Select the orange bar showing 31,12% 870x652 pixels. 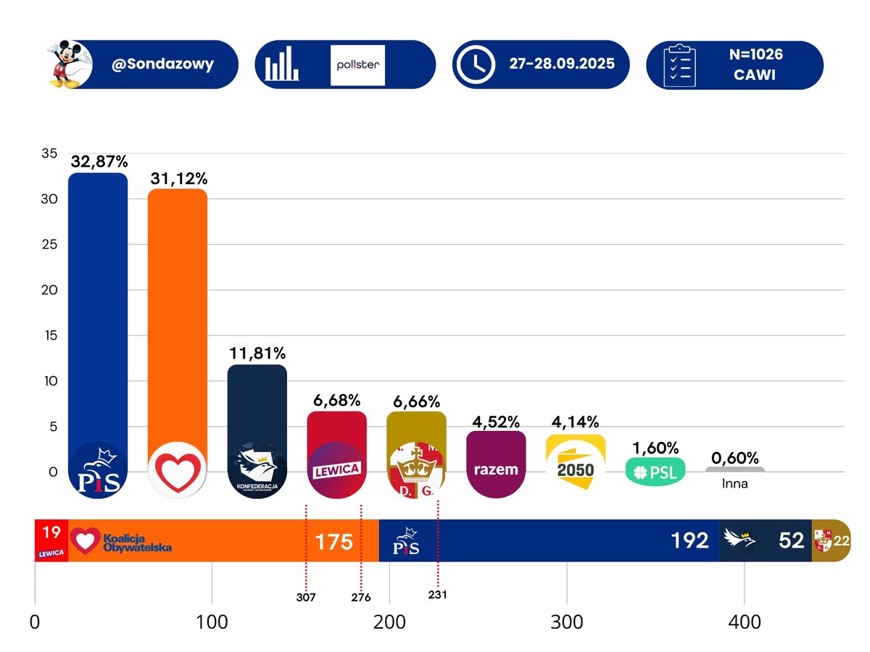(x=178, y=319)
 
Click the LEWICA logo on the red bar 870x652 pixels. (x=336, y=469)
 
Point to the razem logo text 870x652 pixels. (x=496, y=469)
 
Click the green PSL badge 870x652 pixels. (x=655, y=472)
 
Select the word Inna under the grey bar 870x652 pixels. (x=734, y=484)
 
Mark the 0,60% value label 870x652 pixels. (x=734, y=458)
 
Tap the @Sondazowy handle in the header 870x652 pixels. (x=162, y=64)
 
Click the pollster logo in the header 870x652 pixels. (x=357, y=64)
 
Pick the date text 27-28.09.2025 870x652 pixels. (x=561, y=64)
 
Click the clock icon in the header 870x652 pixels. (x=475, y=64)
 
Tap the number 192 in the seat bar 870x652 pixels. (x=689, y=540)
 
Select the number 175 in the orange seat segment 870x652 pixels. (x=333, y=541)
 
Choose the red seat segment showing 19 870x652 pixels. (x=51, y=540)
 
